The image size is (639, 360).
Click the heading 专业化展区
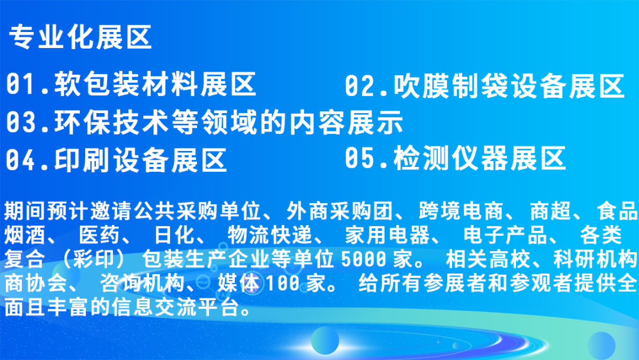[x=80, y=37]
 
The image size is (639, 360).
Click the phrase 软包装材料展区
[x=155, y=83]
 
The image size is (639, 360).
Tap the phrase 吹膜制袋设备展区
[x=509, y=86]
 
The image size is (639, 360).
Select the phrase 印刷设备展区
[x=141, y=159]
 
